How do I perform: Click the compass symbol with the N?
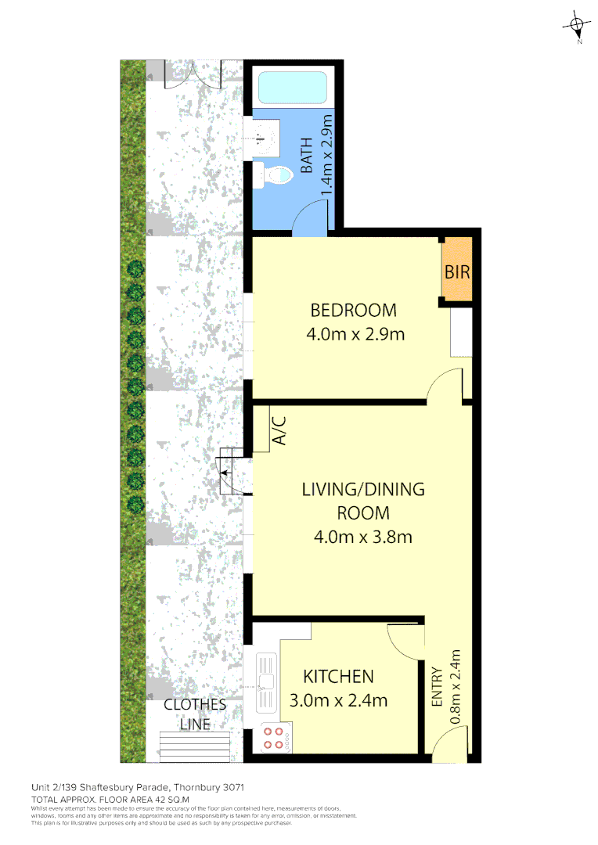tap(577, 27)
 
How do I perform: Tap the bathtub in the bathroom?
tap(292, 87)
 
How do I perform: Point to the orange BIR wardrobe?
tap(457, 272)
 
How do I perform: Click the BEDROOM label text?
tap(353, 309)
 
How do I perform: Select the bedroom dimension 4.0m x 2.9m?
tap(355, 335)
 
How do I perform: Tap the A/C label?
tap(279, 430)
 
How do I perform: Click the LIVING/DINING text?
tap(363, 490)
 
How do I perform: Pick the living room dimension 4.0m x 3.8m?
tap(362, 537)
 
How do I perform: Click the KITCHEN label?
tap(338, 676)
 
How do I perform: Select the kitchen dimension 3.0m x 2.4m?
tap(338, 701)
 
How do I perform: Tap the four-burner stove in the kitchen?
tap(274, 738)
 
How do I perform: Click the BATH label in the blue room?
tap(307, 156)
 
